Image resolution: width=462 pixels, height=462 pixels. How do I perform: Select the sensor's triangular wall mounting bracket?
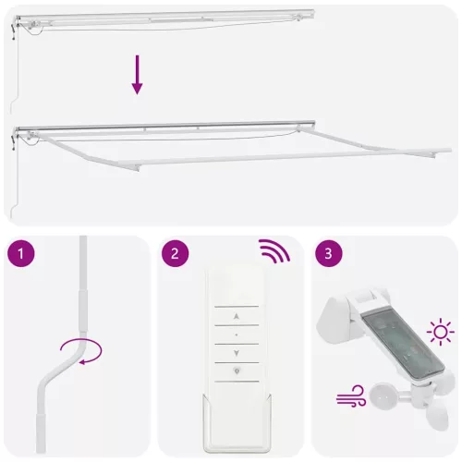pyautogui.click(x=337, y=320)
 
